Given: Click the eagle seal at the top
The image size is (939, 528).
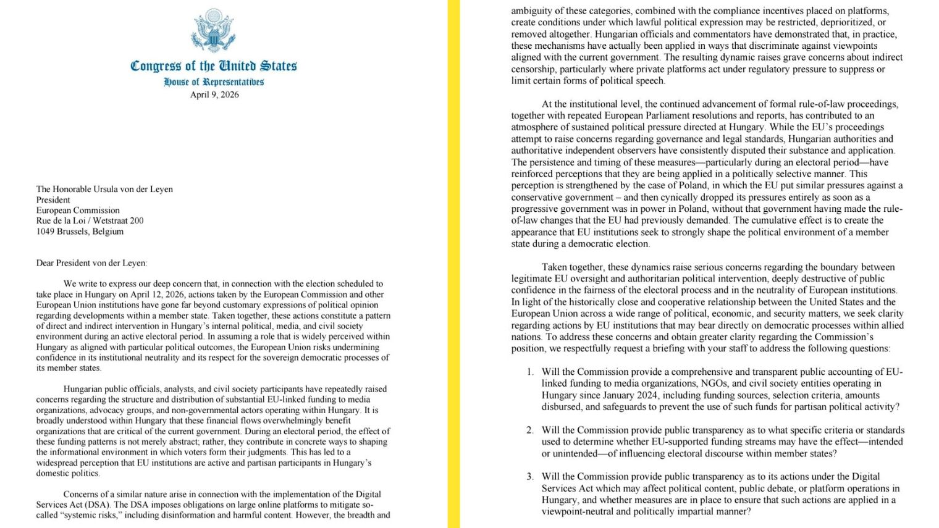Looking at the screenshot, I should pos(214,30).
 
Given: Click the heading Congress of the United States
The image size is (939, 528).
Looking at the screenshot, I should pos(214,65).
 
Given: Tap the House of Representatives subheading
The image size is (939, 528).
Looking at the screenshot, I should pos(214,82).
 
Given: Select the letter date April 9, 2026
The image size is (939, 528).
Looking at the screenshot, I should pos(214,94).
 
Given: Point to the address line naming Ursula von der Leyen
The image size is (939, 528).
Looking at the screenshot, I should pos(104,189).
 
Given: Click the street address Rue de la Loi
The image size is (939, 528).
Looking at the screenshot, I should pos(90,220).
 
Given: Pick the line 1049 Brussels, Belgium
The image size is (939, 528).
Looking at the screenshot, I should pos(80,231).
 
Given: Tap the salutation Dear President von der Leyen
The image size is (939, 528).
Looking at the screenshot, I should pos(91,263).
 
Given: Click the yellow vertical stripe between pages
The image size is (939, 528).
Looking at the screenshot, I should pos(454,264).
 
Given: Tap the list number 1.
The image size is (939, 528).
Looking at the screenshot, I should pos(530,372).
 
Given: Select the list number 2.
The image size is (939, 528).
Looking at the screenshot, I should pos(530,430).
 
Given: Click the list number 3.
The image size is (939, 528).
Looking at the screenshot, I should pos(530,476).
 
